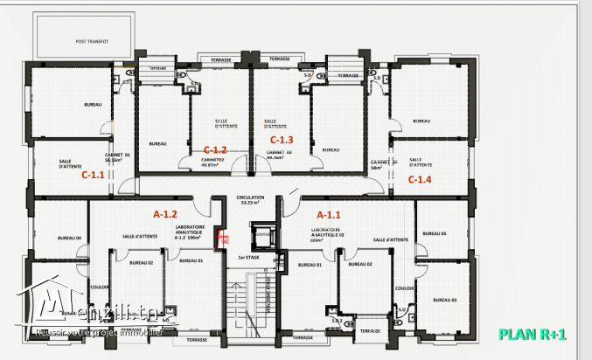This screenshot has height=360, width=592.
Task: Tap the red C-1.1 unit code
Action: (93, 175)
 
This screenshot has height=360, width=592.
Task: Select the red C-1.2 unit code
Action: (215, 149)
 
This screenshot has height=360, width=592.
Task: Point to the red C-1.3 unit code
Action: (282, 140)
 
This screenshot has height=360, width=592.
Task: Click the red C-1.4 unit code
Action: (421, 179)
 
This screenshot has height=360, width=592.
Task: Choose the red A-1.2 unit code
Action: (165, 214)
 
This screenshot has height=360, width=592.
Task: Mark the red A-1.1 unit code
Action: (328, 214)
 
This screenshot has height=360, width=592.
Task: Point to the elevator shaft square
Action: (262, 233)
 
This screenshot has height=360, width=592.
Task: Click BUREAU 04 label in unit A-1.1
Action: (433, 233)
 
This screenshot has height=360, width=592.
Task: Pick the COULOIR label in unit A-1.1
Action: (403, 287)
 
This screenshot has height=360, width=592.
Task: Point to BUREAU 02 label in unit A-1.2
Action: (142, 262)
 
